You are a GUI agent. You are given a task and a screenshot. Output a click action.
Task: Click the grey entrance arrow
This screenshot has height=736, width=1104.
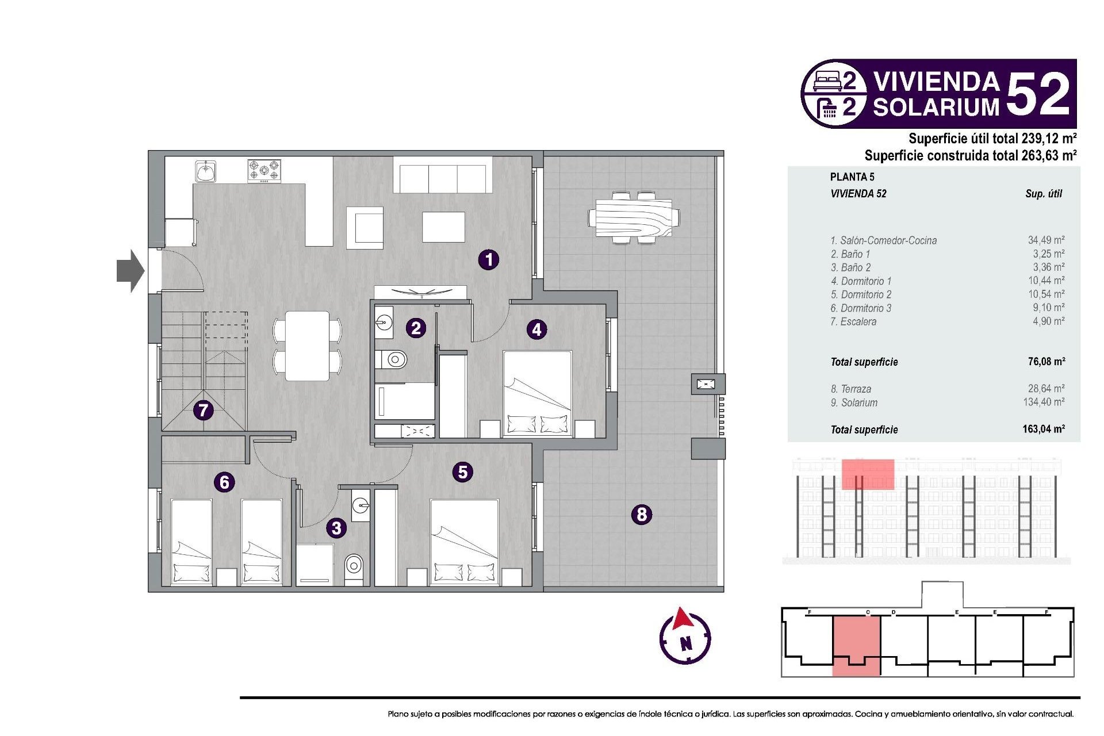click(x=130, y=271)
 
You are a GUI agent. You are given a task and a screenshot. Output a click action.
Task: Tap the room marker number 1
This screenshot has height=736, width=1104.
click(x=489, y=260)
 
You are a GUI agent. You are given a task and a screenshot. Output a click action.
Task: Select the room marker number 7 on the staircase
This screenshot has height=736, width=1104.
click(x=203, y=410)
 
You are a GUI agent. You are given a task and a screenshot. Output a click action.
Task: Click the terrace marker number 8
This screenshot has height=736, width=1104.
click(x=642, y=513)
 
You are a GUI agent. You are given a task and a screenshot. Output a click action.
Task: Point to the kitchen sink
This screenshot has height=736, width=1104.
click(x=205, y=171)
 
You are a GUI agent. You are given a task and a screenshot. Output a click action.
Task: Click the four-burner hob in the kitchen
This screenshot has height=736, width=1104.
click(x=264, y=171)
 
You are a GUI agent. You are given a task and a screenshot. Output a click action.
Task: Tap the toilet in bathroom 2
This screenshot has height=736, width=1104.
click(x=394, y=360)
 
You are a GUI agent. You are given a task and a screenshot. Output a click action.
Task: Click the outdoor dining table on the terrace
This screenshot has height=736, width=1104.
click(x=634, y=218)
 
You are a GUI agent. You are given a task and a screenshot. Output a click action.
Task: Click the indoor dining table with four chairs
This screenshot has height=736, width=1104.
click(x=308, y=346)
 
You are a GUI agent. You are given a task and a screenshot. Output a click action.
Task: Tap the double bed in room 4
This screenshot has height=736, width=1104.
click(x=538, y=394)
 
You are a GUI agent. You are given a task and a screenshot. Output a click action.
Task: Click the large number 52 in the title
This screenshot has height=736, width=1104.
click(x=1038, y=94)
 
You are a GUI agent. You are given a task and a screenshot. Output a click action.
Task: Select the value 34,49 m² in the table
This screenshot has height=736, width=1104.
click(x=1046, y=240)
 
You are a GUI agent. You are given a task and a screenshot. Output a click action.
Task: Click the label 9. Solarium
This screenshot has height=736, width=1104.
click(x=854, y=402)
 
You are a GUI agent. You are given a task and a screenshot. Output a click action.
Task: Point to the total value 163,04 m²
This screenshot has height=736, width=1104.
click(x=1044, y=429)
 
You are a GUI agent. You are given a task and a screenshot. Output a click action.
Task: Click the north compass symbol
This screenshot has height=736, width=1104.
click(x=685, y=637)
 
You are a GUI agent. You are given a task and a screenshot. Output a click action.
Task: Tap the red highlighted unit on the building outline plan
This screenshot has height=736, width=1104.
click(x=856, y=644)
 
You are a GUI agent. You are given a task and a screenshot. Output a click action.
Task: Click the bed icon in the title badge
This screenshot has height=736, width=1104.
click(x=827, y=80)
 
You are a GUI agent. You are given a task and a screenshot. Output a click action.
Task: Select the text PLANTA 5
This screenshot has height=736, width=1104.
click(x=852, y=177)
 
